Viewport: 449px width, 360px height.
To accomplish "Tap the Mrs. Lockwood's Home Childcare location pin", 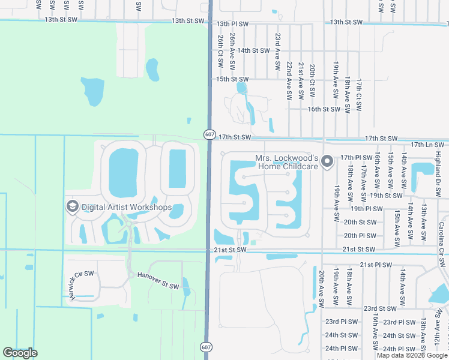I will click(327, 161).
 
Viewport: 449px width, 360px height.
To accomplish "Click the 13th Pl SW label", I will click(232, 23).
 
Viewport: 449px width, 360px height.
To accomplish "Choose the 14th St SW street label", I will click(252, 51).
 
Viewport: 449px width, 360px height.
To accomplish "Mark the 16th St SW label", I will click(324, 109).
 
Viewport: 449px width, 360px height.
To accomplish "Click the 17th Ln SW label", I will click(427, 145).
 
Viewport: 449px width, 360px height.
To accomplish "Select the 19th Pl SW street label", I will click(366, 209).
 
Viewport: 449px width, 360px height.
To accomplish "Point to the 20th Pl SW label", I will click(360, 236).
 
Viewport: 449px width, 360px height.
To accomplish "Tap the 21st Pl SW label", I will click(375, 265).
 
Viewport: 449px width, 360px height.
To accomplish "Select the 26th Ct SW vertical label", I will click(221, 50).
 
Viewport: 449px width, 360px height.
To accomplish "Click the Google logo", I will click(20, 353).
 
